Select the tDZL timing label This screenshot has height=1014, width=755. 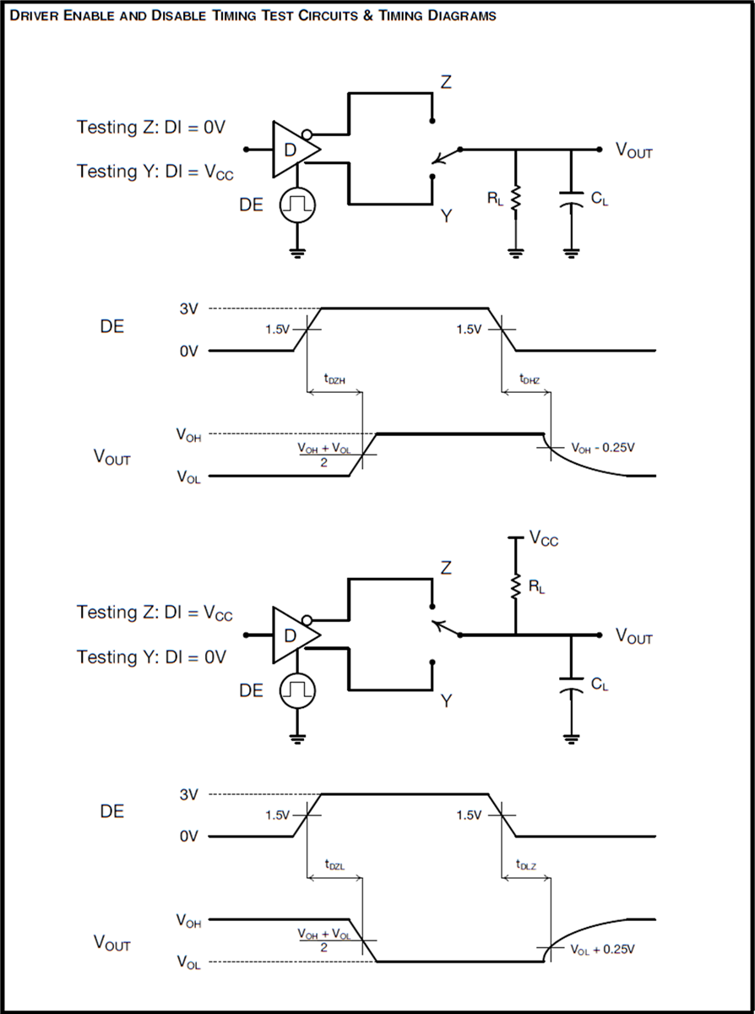click(334, 865)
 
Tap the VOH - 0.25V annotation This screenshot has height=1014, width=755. click(603, 447)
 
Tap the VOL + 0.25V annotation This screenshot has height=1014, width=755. click(602, 950)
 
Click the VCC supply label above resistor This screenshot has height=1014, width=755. click(543, 537)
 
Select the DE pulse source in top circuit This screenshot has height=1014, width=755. click(296, 204)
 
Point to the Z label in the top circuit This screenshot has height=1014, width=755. click(446, 82)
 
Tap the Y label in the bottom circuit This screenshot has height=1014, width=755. click(446, 701)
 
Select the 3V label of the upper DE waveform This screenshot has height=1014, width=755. click(189, 308)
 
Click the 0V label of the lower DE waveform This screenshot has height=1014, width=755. click(188, 836)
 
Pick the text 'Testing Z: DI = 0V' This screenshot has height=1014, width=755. click(151, 128)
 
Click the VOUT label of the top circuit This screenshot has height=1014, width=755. click(634, 151)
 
